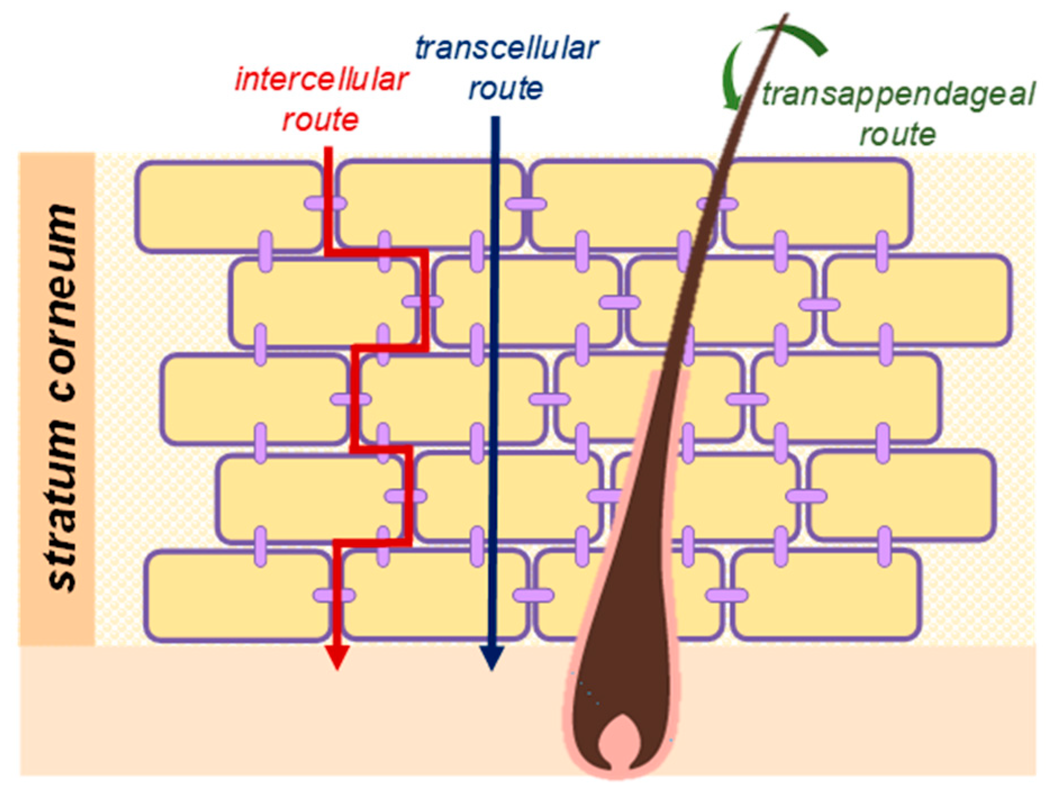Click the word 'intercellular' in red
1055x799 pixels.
[321, 80]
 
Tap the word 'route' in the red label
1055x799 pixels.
[320, 120]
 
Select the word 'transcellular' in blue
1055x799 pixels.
[507, 48]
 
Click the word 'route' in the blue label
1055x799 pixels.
[506, 89]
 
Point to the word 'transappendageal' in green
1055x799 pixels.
[898, 94]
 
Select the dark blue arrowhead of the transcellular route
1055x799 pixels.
[492, 657]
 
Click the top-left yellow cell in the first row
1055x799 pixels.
[225, 205]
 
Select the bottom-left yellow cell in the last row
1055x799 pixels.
[236, 596]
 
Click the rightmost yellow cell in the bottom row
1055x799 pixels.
[826, 596]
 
